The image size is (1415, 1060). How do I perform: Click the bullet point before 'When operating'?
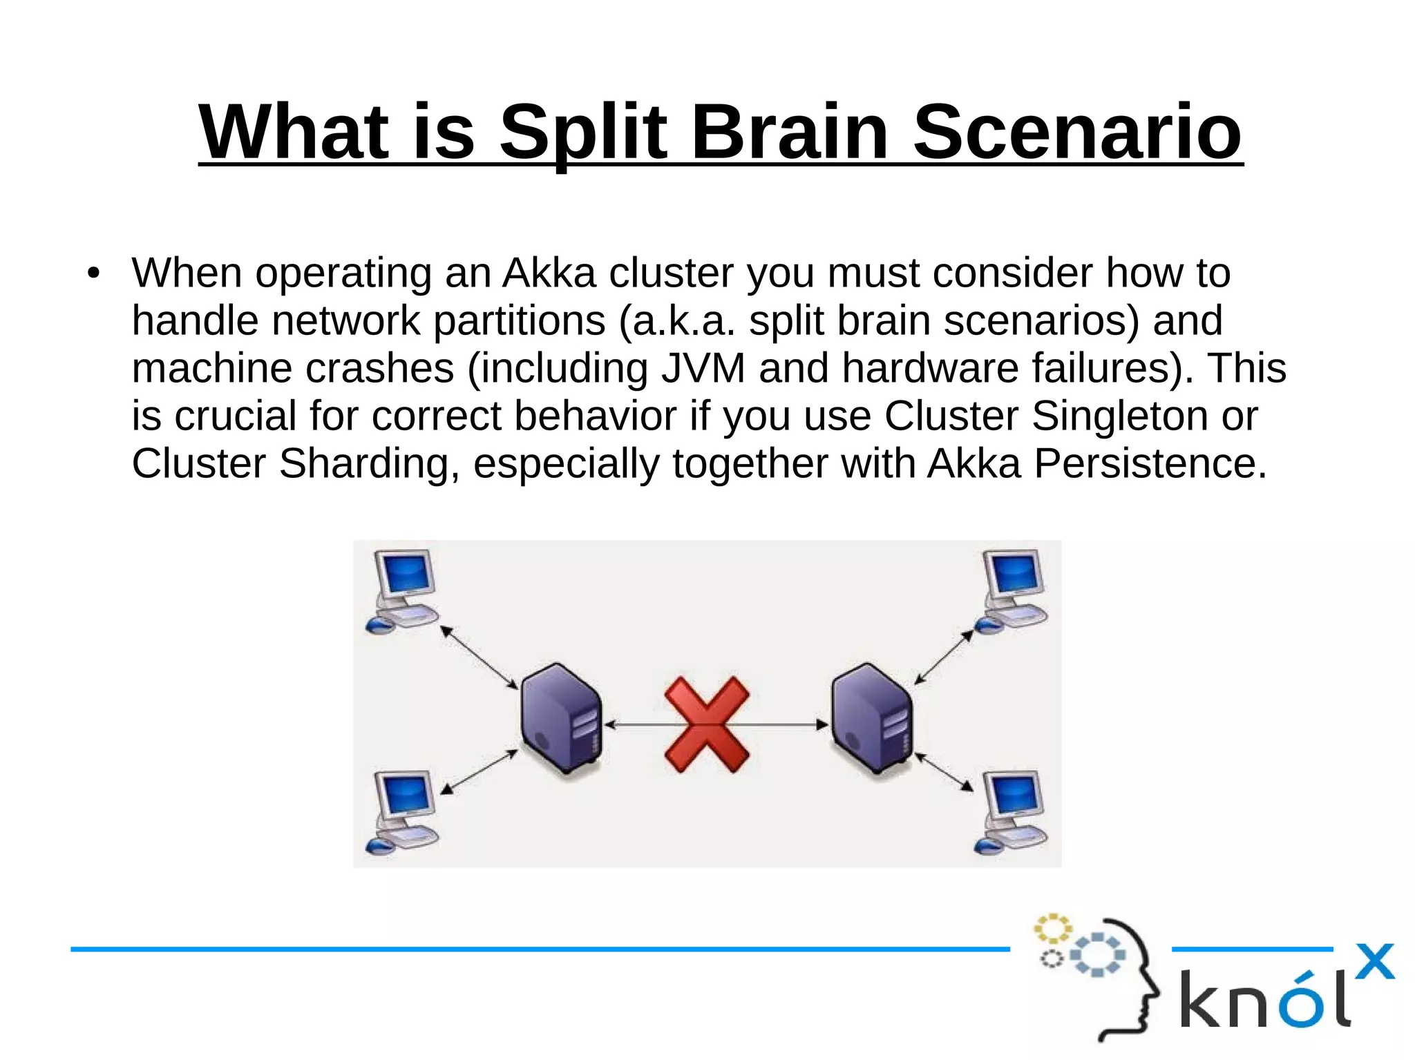pos(93,273)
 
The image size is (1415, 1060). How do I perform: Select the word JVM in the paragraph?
pos(703,367)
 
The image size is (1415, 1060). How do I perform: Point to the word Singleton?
pos(1119,416)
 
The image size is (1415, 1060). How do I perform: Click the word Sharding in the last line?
pos(364,463)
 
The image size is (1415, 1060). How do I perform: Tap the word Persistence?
pos(1150,463)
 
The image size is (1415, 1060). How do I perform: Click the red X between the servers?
pos(707,724)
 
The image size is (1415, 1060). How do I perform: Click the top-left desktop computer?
pos(403,591)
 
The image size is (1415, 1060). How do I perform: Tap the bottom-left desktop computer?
pos(403,813)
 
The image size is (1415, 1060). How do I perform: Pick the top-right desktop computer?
pos(1012,591)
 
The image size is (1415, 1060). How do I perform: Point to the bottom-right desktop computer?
pos(1012,813)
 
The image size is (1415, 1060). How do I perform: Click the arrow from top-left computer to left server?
pos(479,657)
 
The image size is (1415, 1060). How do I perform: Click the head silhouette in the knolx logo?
pos(1133,981)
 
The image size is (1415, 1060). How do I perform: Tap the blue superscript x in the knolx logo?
pos(1374,961)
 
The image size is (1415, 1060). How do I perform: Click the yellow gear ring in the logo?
pos(1052,929)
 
